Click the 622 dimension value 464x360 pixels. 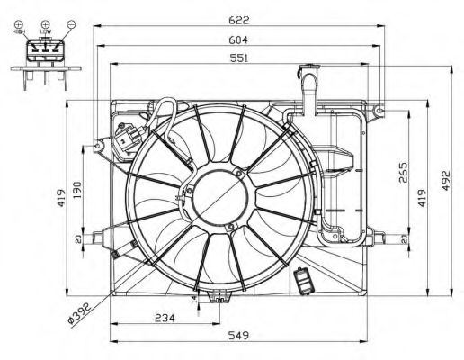tap(238, 19)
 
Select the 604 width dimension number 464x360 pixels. tap(238, 40)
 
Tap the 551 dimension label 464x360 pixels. tap(238, 58)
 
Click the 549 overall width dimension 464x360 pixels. tap(238, 336)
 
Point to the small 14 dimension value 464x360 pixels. tap(194, 298)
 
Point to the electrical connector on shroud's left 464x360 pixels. tap(128, 140)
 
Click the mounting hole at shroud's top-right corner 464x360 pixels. tap(380, 111)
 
